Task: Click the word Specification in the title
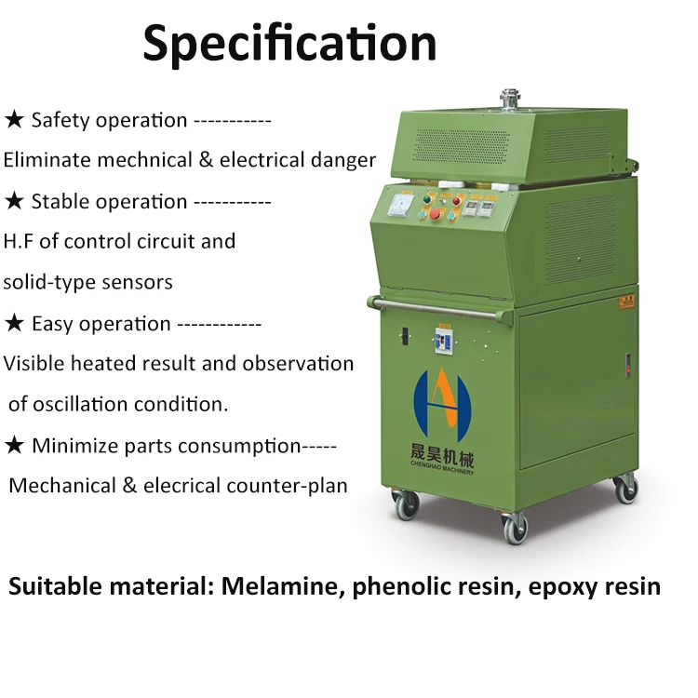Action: pyautogui.click(x=289, y=43)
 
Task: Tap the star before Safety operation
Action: pyautogui.click(x=14, y=120)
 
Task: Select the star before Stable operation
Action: pyautogui.click(x=14, y=201)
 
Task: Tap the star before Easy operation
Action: pyautogui.click(x=14, y=324)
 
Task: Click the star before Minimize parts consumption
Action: pyautogui.click(x=14, y=446)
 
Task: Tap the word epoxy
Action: pyautogui.click(x=565, y=588)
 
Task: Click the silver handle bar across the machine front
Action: pyautogui.click(x=447, y=307)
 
